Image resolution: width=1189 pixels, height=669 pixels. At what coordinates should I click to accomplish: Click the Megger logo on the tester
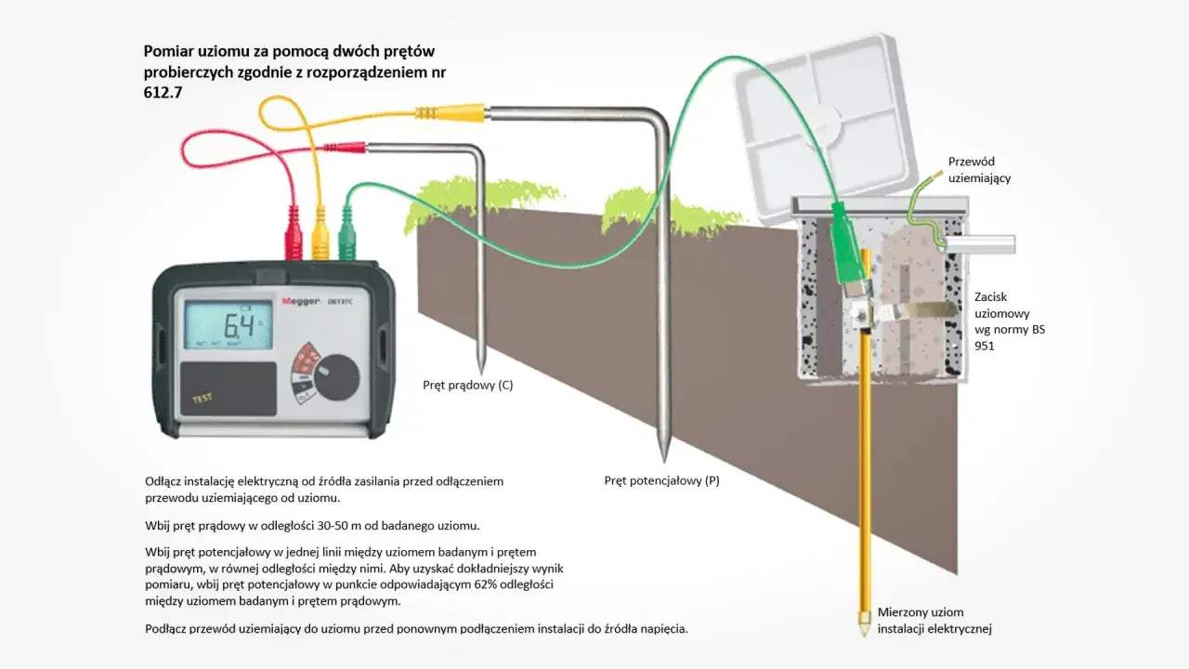click(299, 301)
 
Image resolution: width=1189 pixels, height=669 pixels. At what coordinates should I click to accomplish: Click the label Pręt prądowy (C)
click(467, 385)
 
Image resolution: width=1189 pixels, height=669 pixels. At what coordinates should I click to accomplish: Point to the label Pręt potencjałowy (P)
click(661, 480)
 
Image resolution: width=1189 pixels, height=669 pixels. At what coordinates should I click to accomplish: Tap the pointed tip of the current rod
click(480, 364)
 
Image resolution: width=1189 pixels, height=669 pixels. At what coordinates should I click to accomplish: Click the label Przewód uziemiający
click(979, 169)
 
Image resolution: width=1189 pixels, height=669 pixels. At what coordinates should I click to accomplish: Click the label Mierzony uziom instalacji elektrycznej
click(934, 621)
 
